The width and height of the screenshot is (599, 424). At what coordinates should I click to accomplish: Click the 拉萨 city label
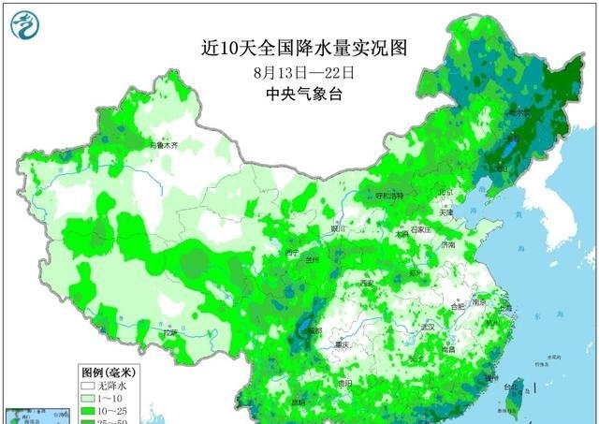[169, 332]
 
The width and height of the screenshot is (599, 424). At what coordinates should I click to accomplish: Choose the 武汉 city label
[430, 327]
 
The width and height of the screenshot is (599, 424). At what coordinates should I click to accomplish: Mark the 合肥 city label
[458, 306]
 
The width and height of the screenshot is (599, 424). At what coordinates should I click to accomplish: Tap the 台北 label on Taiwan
[511, 386]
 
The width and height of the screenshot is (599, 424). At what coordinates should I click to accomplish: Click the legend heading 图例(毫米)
[104, 371]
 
